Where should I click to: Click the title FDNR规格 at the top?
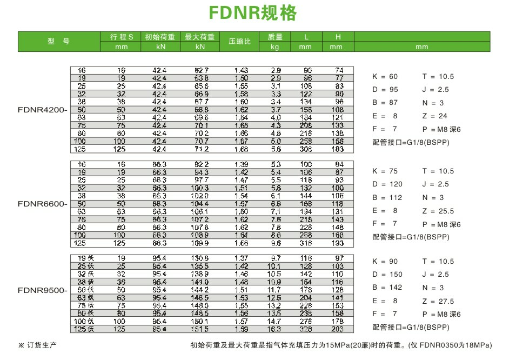click(253, 13)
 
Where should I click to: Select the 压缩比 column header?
click(239, 42)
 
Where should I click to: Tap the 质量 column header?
click(275, 37)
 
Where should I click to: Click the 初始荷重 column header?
click(159, 37)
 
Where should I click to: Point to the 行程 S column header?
click(122, 37)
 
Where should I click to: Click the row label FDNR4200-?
click(43, 110)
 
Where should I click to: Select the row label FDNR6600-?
click(43, 204)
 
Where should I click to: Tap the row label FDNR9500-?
click(43, 291)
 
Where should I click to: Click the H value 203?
click(338, 329)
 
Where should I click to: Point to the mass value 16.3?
click(276, 329)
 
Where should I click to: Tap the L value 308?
click(307, 149)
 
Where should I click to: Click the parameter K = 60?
click(385, 77)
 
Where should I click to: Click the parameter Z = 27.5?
click(438, 301)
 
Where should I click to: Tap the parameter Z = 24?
click(436, 116)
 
